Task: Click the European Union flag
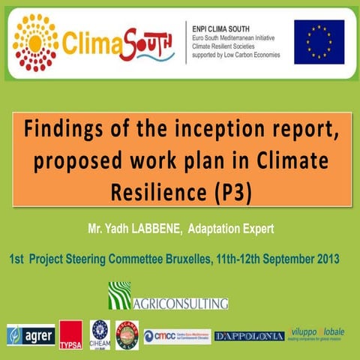coord(319,41)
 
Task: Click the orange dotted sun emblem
coord(34,42)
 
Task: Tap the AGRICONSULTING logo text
coord(180,304)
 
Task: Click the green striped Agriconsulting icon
coord(119,293)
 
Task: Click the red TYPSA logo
coord(70,334)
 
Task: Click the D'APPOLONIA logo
coord(249,336)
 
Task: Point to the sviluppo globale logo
coord(321,335)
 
